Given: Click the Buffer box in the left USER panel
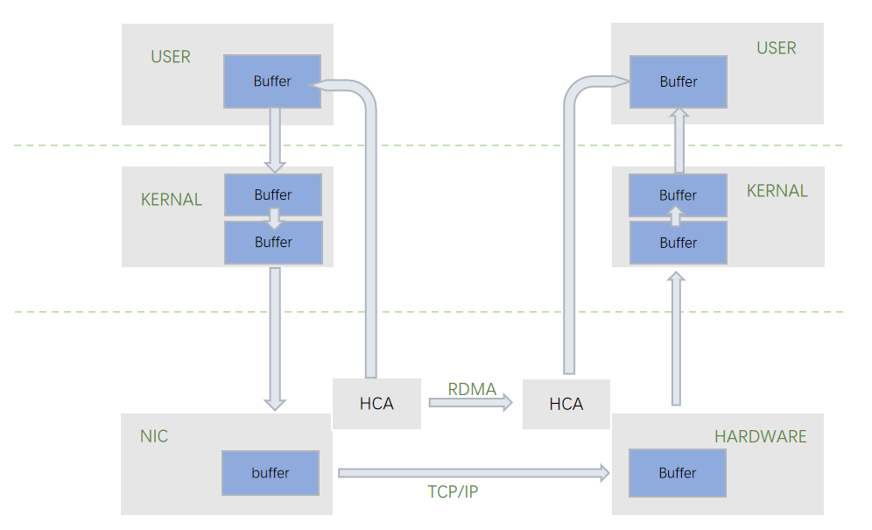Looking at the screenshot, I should [x=272, y=81].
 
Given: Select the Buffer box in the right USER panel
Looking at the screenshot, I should [x=679, y=81].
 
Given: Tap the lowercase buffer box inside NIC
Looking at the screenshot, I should [x=270, y=473].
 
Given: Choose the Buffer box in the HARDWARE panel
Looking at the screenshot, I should [x=678, y=473].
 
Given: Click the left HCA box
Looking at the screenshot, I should [x=376, y=404].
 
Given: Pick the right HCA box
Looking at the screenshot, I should [x=566, y=404].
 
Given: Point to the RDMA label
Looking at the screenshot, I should [x=472, y=389].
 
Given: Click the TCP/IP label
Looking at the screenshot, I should [x=453, y=491].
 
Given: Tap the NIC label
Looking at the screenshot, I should [x=153, y=436].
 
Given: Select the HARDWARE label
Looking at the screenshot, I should [x=760, y=436].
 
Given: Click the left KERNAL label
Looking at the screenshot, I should [x=171, y=200].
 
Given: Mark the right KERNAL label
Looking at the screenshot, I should [x=777, y=191].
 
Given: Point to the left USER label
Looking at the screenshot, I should [x=170, y=57].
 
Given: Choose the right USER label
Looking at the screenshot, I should [x=776, y=48].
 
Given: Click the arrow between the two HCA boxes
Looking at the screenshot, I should [x=471, y=403].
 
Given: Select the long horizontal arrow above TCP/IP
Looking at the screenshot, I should [x=473, y=473].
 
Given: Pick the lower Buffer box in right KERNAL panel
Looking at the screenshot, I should [x=679, y=244].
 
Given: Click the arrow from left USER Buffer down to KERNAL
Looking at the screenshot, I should [x=275, y=140].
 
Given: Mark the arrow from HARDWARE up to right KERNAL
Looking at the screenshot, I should [x=676, y=338].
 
